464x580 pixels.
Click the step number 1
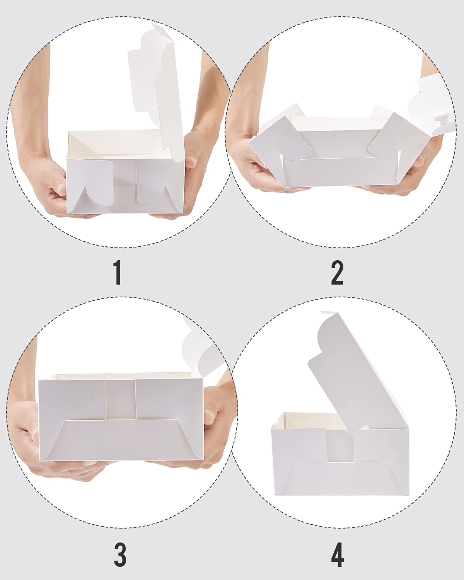tap(118, 273)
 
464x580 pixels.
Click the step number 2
tap(337, 273)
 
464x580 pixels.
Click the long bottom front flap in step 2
tap(341, 172)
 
